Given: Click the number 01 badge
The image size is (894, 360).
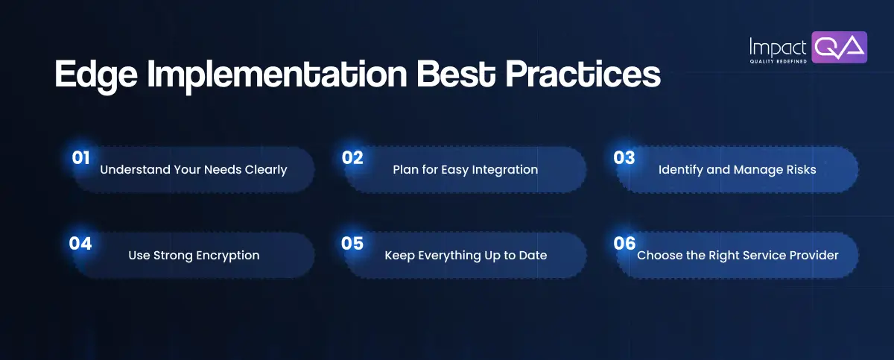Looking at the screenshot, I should pyautogui.click(x=80, y=157).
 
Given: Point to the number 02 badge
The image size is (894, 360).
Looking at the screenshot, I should pyautogui.click(x=352, y=157).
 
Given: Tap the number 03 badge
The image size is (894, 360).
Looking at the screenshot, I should pyautogui.click(x=624, y=157).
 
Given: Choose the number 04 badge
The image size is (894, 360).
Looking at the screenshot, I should pyautogui.click(x=80, y=244).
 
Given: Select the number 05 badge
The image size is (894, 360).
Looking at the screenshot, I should pyautogui.click(x=352, y=244).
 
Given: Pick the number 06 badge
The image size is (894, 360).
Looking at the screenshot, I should pyautogui.click(x=624, y=244).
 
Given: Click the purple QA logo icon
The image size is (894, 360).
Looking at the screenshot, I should pyautogui.click(x=839, y=47).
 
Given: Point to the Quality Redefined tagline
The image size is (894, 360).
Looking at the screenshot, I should pyautogui.click(x=779, y=62).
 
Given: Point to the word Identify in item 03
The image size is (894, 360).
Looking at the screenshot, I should pyautogui.click(x=681, y=170).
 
